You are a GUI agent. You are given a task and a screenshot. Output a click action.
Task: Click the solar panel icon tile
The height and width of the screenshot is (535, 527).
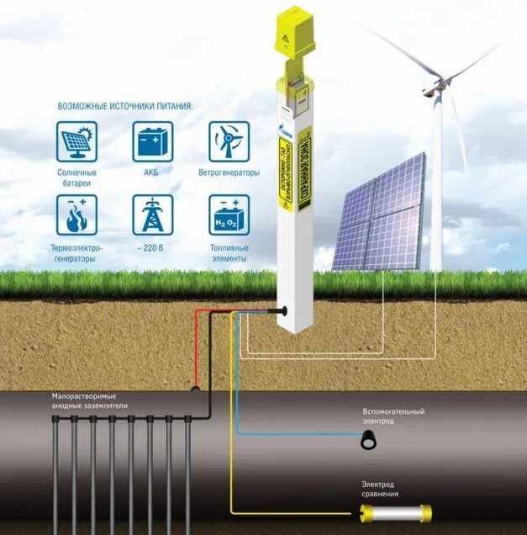tap(77, 141)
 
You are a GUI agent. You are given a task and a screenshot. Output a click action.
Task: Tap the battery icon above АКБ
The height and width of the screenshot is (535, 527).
tap(153, 141)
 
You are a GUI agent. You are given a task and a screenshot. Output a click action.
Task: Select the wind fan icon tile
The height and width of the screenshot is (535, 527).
tap(229, 141)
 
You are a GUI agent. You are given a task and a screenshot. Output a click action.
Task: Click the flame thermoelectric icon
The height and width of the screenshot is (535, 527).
tap(77, 215)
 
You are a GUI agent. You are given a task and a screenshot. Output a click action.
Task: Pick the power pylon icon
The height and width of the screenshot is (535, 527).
tap(153, 215)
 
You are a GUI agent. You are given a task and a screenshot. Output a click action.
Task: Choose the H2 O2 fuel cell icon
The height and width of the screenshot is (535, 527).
tap(229, 215)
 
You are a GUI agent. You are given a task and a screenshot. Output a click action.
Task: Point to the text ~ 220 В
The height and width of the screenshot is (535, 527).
tap(153, 249)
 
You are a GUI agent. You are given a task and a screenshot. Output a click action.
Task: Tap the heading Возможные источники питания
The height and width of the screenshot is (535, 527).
tap(125, 107)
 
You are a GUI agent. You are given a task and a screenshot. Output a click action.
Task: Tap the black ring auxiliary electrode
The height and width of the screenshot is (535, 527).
tap(368, 440)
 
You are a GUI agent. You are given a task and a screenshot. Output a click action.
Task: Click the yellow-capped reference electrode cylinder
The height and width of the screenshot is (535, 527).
tap(391, 511)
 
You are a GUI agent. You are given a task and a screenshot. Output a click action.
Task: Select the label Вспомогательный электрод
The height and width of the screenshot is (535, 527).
tap(393, 416)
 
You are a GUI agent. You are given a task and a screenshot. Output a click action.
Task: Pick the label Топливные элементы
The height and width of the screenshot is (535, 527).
tap(229, 253)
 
